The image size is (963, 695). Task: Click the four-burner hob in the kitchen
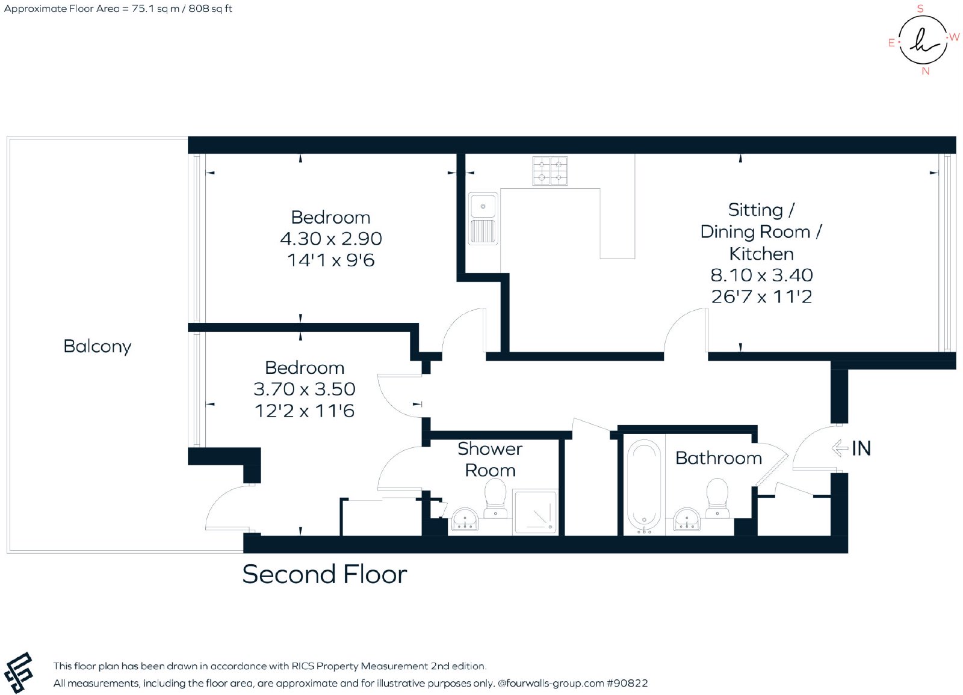click(550, 171)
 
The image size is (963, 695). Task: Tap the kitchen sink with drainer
click(483, 219)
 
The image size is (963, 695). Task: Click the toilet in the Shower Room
click(495, 498)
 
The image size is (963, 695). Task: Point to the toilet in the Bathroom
click(717, 498)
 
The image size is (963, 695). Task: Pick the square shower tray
click(535, 512)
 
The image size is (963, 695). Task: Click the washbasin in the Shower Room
click(465, 519)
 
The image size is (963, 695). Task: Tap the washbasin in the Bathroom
click(687, 519)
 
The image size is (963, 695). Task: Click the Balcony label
click(97, 347)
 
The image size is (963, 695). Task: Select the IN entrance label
click(861, 449)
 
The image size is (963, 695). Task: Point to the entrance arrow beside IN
click(840, 448)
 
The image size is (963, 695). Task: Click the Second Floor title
click(324, 574)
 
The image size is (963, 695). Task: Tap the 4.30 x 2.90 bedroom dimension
click(331, 239)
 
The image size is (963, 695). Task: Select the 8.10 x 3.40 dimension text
click(761, 275)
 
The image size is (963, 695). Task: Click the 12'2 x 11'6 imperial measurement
click(305, 411)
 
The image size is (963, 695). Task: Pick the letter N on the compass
click(926, 72)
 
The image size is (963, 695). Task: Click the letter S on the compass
click(920, 8)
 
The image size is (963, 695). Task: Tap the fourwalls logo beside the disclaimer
click(19, 672)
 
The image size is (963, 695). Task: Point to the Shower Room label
click(490, 459)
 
